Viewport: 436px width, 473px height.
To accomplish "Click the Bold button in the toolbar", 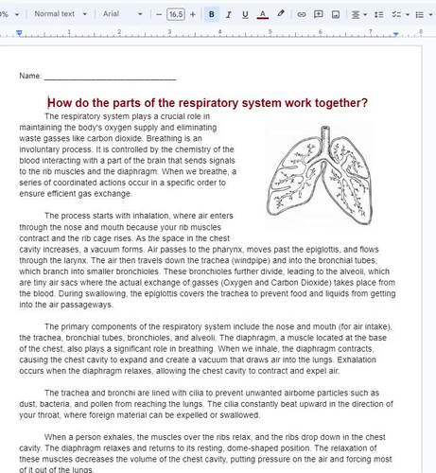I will tap(212, 15).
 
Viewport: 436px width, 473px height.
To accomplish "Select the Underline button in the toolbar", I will tap(246, 15).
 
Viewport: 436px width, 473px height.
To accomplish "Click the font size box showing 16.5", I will tap(176, 15).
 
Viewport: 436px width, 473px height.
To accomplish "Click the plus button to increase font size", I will tap(193, 15).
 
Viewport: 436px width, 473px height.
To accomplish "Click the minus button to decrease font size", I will tap(159, 15).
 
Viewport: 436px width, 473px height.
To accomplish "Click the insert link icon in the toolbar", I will tap(302, 15).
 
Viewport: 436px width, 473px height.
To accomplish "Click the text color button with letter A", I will tap(263, 15).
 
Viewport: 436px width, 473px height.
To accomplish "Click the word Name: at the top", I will tap(30, 75).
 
